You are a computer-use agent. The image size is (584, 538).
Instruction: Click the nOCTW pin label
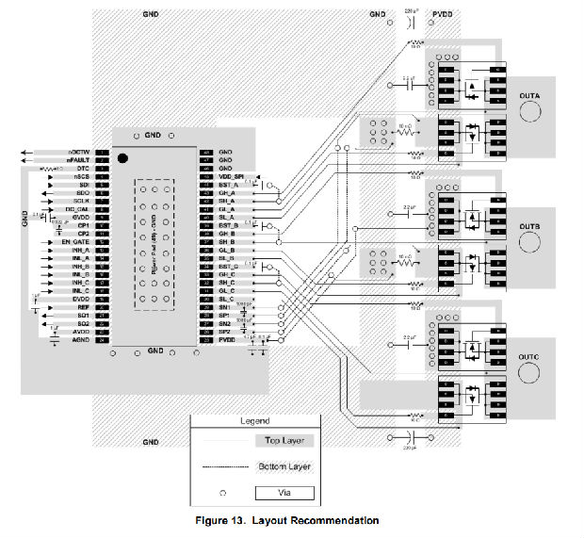tap(79, 152)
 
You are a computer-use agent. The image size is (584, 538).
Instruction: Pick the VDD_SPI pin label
tap(231, 177)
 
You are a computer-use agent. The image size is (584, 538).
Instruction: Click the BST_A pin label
tap(226, 186)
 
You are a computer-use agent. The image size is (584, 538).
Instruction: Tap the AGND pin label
tap(79, 339)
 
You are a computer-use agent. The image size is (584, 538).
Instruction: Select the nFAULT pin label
tap(78, 160)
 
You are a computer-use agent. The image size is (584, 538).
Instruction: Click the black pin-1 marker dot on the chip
tap(123, 160)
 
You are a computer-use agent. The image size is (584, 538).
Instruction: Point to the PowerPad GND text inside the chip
tap(152, 244)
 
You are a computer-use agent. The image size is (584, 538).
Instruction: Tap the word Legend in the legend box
tap(254, 420)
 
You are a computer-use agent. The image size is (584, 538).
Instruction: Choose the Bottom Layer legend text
tap(284, 465)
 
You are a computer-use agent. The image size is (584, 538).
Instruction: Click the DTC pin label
tap(83, 169)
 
